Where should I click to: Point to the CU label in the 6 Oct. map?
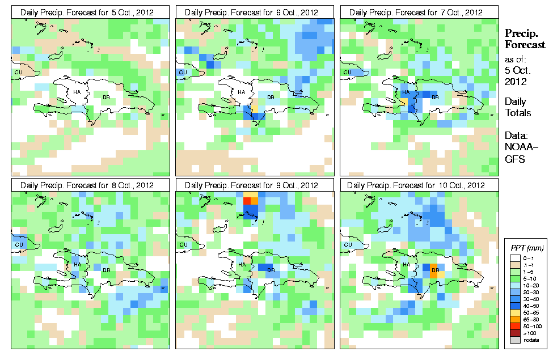click(182, 73)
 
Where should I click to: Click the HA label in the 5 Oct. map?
click(77, 92)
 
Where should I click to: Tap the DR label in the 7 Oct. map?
click(435, 97)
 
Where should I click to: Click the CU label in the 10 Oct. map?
click(347, 245)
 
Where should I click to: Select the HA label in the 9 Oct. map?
click(241, 264)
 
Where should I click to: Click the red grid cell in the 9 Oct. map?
click(247, 200)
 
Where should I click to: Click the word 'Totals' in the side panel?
click(518, 113)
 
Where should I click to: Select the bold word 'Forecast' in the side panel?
click(525, 45)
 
